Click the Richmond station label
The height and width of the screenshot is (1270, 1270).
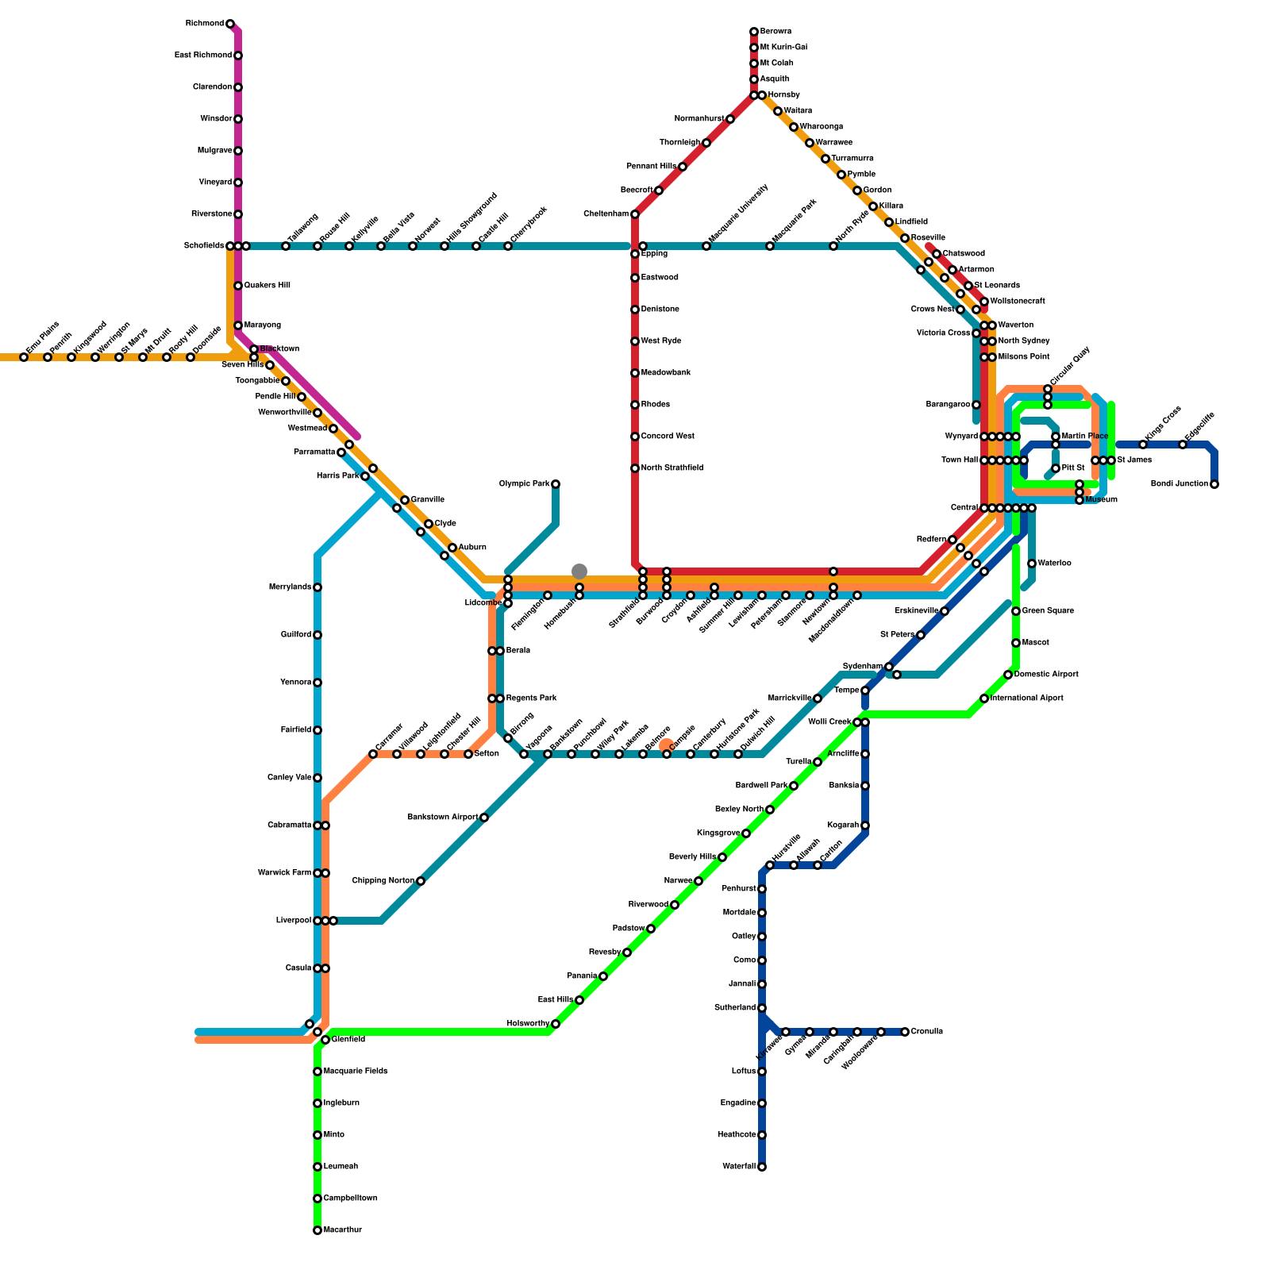point(204,24)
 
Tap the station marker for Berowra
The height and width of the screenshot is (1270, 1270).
point(754,32)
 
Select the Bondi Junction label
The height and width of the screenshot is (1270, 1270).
point(1180,484)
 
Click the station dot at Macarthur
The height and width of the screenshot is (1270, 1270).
point(317,1230)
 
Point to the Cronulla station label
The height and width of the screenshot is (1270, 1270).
point(927,1032)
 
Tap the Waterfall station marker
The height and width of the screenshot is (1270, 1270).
point(762,1167)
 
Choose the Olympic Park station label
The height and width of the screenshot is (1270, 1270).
point(525,484)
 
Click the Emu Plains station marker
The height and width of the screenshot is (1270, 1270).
point(24,357)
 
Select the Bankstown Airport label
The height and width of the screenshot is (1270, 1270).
point(443,818)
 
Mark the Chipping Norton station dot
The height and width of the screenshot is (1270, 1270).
point(421,881)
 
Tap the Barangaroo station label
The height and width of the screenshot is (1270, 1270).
point(948,405)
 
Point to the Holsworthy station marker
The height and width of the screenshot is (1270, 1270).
point(556,1024)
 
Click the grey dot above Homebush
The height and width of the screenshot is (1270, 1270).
point(579,571)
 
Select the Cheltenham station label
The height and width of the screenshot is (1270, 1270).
point(606,214)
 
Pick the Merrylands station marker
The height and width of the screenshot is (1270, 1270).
point(317,587)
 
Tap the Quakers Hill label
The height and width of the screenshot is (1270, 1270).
point(267,286)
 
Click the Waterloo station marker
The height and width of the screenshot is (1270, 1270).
point(1032,564)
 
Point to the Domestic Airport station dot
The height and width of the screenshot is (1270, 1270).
point(1008,675)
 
